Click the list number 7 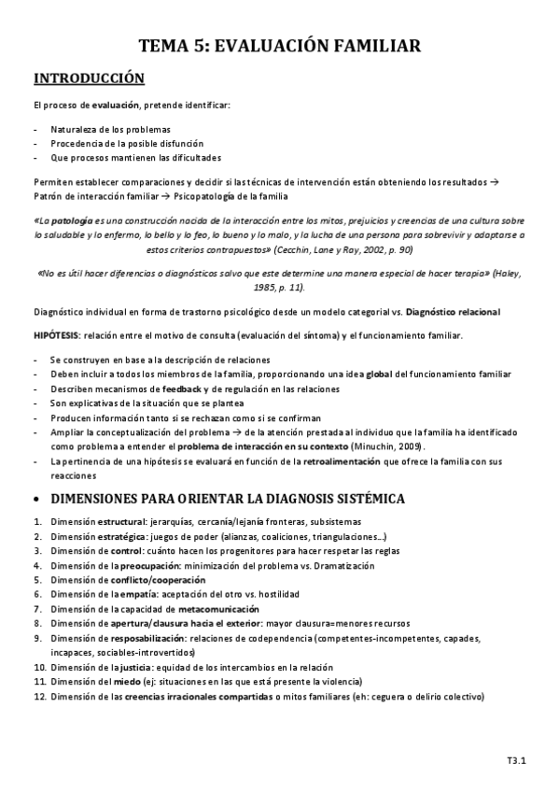pyautogui.click(x=36, y=607)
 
